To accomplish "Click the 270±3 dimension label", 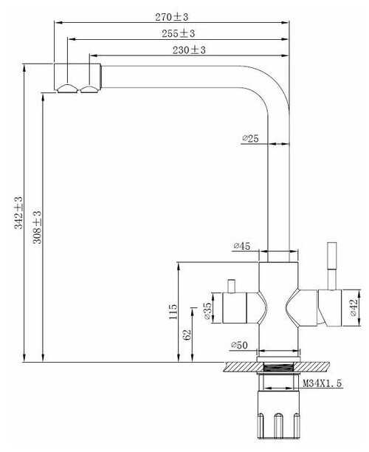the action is click(x=172, y=17).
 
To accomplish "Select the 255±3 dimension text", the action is click(x=179, y=33).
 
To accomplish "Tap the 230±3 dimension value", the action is click(x=189, y=50).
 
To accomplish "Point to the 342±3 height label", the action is click(x=18, y=213).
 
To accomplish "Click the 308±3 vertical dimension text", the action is click(x=37, y=227).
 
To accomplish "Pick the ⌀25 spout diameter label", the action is click(x=250, y=139).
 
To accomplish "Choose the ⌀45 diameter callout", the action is click(x=242, y=246).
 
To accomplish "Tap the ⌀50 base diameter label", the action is click(x=239, y=345).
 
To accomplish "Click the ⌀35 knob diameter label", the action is click(x=207, y=311).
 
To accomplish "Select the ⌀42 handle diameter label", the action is click(x=354, y=307).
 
